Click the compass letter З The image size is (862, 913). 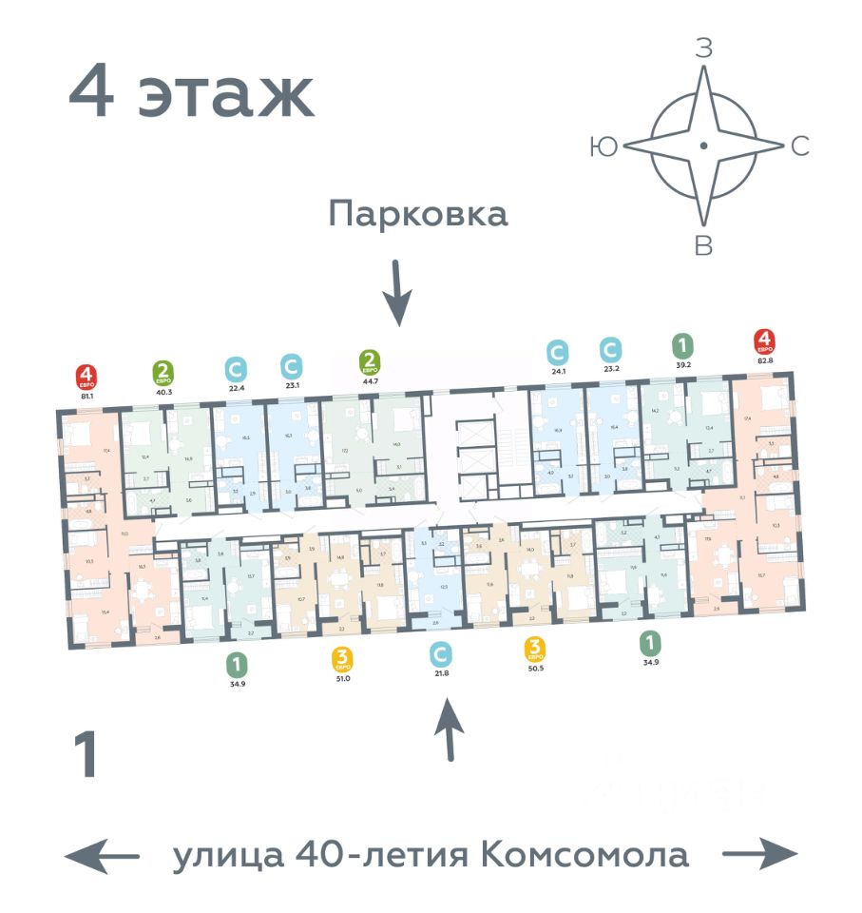(703, 49)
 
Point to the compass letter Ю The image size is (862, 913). (603, 146)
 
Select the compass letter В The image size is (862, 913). (703, 246)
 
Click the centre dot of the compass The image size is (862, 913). (702, 146)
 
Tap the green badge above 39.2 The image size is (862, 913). (681, 344)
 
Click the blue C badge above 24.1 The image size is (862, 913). (557, 350)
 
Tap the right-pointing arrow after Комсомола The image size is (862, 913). (759, 854)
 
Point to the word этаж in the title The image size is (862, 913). (226, 93)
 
